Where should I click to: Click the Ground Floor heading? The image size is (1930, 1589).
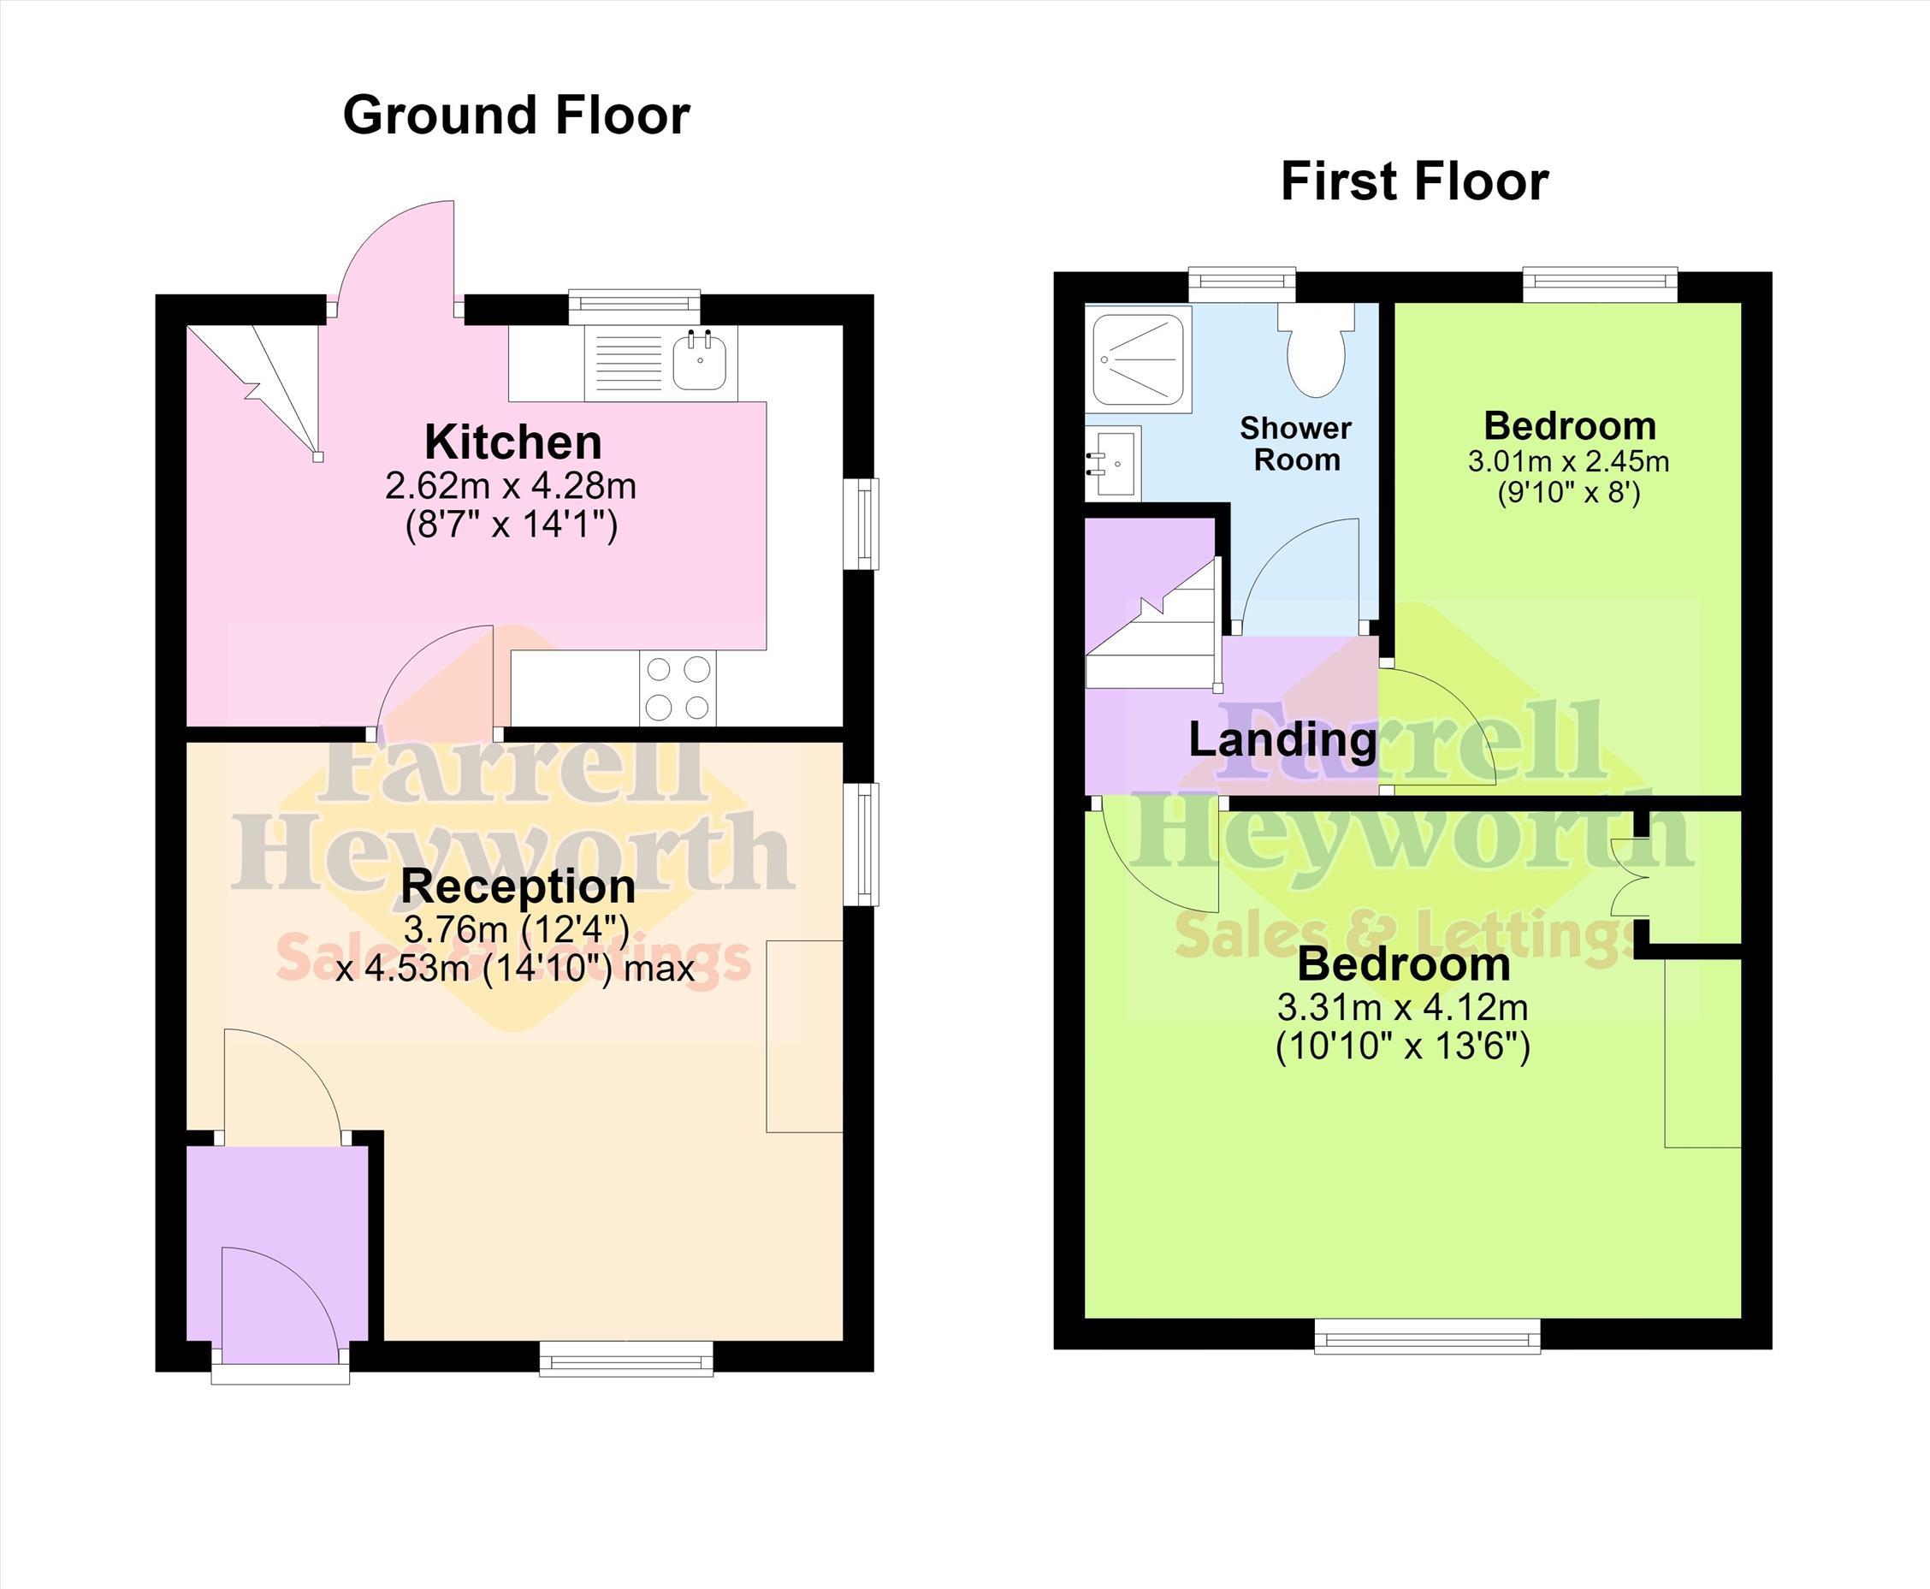[516, 116]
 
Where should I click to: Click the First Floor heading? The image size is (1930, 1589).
[1414, 181]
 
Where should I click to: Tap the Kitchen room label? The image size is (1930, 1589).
[513, 442]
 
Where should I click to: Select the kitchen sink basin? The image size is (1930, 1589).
[700, 362]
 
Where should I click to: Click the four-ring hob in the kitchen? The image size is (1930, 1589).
[678, 687]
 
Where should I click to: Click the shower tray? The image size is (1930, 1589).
[1138, 359]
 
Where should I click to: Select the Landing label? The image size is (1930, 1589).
[1282, 739]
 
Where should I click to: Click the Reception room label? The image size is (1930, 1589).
[518, 886]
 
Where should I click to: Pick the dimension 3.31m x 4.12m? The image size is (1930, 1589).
[1402, 1008]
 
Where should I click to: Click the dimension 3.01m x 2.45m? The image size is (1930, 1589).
[1568, 460]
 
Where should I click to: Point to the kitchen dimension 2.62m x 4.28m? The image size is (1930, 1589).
[511, 485]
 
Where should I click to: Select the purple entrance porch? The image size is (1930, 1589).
[277, 1244]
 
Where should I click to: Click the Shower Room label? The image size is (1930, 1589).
[1296, 444]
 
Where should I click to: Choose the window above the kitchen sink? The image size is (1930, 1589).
[634, 306]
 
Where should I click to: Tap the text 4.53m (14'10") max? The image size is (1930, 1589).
[515, 968]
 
